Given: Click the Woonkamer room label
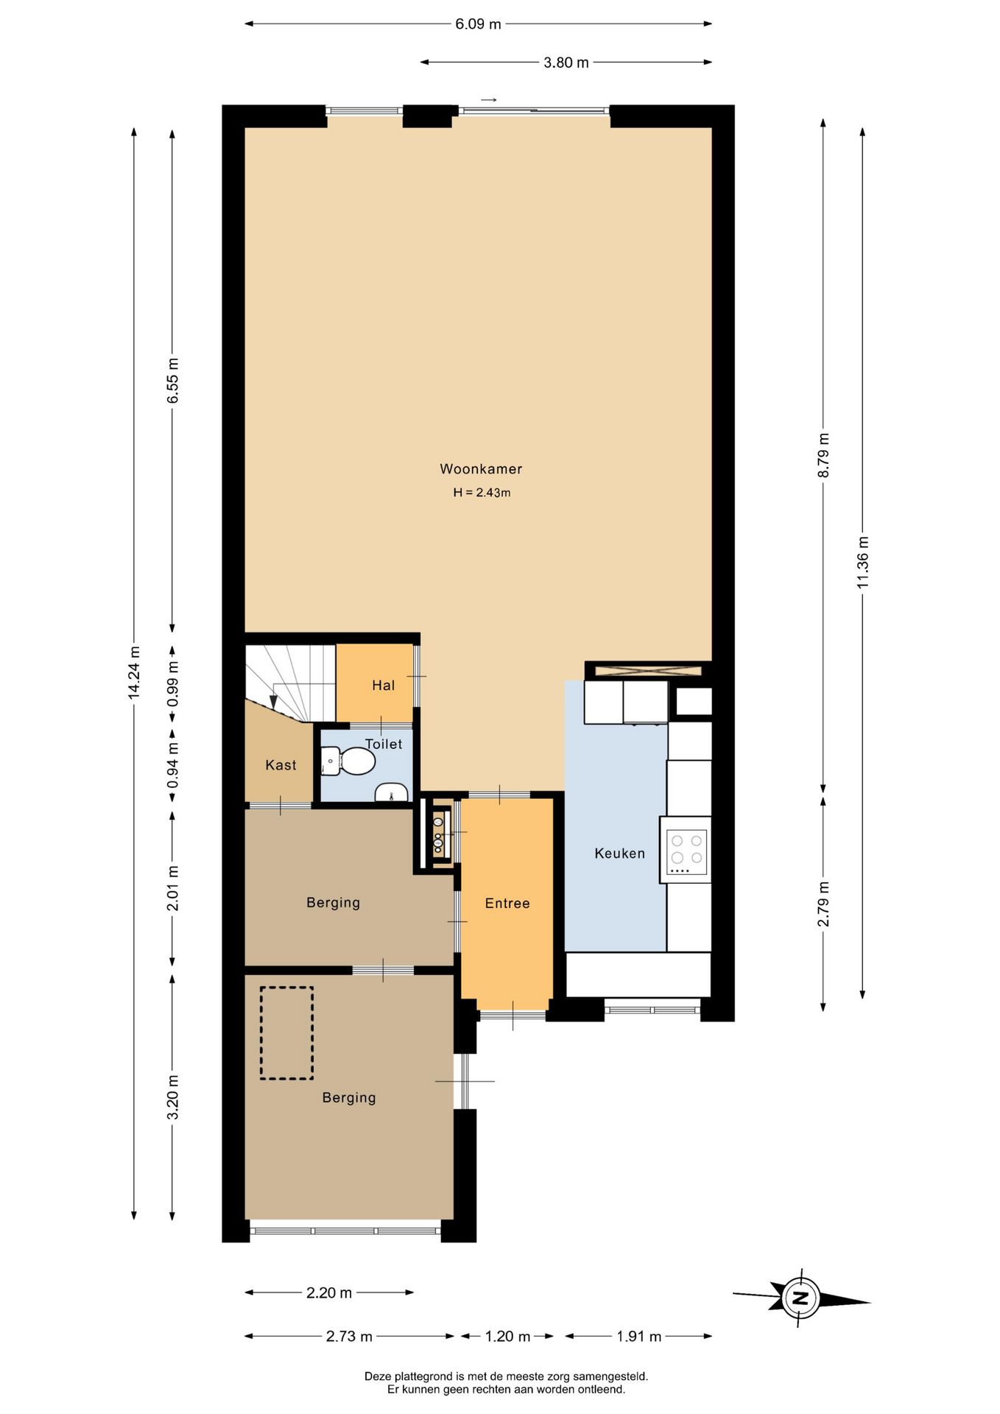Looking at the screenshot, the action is [481, 469].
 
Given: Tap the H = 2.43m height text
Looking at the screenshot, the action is [482, 493].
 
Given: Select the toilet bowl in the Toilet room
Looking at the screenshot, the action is [349, 761].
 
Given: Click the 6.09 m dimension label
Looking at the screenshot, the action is [478, 24].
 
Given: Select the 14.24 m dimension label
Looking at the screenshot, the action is [133, 672].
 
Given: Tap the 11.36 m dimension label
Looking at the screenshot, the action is [863, 561].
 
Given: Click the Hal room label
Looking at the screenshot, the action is [384, 686].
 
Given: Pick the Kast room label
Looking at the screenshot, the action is [281, 765].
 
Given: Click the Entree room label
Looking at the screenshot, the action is [507, 904].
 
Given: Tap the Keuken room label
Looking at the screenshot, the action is [620, 854].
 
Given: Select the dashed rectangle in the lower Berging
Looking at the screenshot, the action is [286, 1033].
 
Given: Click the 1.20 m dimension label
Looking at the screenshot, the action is [507, 1337].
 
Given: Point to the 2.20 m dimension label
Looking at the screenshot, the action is [329, 1292].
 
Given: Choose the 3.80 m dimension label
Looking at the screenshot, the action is [566, 63].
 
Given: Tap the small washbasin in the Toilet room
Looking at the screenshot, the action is [392, 792].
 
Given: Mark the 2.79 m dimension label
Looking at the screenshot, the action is [824, 904].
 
